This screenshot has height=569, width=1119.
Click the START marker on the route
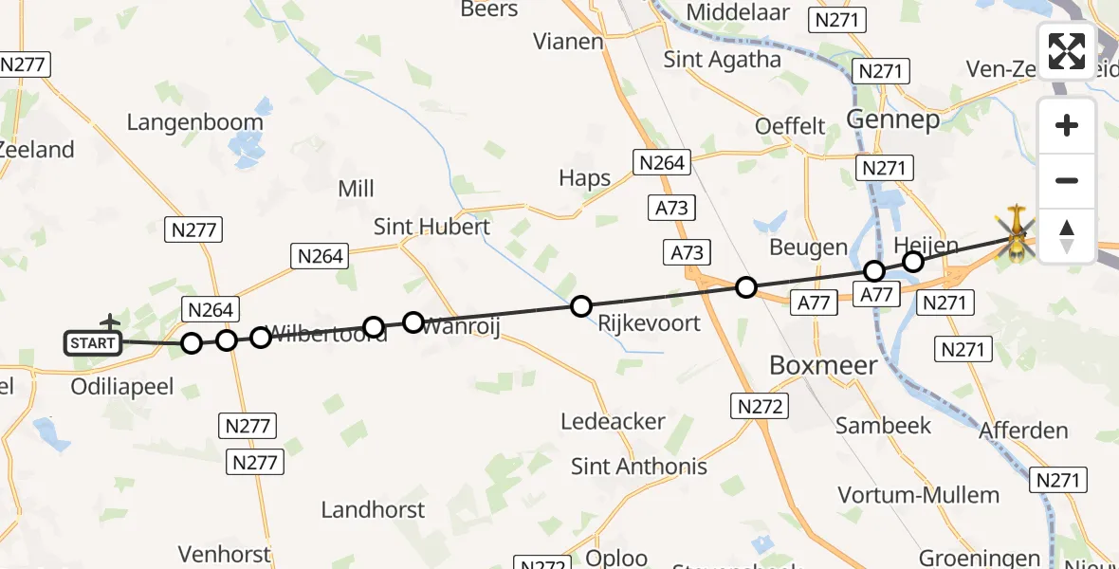93,343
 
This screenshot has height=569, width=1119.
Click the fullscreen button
1067,51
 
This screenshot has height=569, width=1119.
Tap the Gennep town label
892,119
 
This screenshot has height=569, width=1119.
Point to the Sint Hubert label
431,227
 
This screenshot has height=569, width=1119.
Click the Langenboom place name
195,122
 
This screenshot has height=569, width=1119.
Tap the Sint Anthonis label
639,467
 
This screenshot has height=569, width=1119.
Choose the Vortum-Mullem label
919,495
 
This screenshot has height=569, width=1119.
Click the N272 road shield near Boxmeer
760,407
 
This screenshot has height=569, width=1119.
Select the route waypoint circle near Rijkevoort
581,306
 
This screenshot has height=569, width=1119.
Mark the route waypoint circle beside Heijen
913,261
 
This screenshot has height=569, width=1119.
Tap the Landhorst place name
373,510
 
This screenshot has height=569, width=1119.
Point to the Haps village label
585,178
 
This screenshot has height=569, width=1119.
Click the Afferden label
1023,431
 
